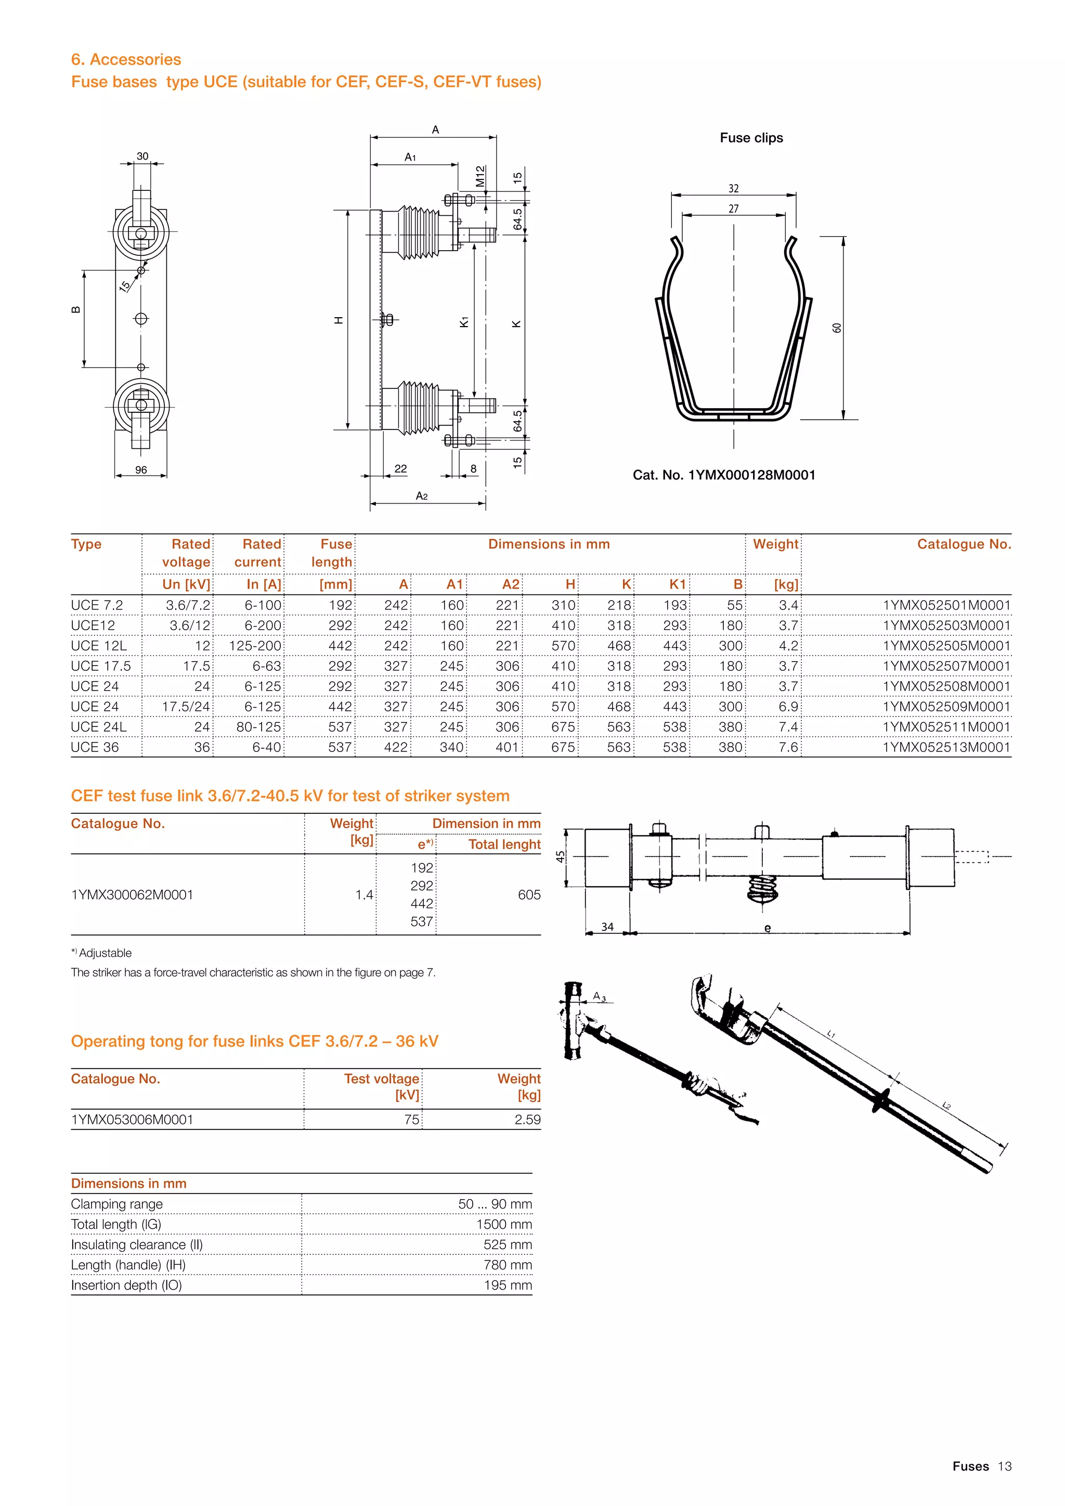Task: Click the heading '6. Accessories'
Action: (126, 60)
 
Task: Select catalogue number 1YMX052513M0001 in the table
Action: (946, 747)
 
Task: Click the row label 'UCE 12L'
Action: (99, 645)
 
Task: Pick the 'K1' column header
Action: (678, 585)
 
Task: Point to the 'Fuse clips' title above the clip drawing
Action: (751, 138)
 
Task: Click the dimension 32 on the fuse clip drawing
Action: (733, 188)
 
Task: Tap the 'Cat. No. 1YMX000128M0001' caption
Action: (724, 475)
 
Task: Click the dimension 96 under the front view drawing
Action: (141, 470)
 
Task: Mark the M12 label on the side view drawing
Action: (480, 176)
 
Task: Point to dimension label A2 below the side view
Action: (422, 496)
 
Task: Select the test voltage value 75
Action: (411, 1120)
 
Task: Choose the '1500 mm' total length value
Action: (504, 1224)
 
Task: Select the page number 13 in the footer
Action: (1005, 1466)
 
